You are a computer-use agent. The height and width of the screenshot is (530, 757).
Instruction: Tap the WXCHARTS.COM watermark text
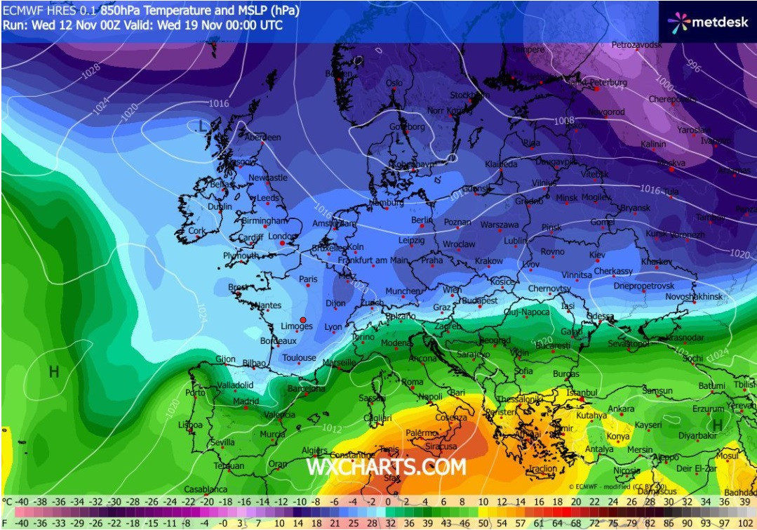tap(385, 467)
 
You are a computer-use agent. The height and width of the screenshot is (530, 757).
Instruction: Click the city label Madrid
tap(246, 402)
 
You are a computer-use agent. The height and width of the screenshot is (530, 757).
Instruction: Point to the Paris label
tap(308, 279)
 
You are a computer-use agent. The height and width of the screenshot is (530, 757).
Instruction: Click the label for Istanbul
tap(582, 392)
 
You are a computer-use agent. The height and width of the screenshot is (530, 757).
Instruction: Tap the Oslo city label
tap(394, 83)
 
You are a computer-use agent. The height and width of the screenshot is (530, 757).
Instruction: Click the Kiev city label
tap(597, 255)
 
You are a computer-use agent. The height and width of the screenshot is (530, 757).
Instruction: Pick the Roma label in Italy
tap(413, 382)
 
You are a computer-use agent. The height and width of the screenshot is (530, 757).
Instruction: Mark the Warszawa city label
tap(500, 225)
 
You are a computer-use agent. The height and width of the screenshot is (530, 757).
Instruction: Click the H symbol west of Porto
tap(53, 372)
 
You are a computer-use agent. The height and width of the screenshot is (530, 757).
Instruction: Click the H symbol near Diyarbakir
tap(717, 425)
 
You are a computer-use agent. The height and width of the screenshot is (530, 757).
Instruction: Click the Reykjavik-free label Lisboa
tap(190, 425)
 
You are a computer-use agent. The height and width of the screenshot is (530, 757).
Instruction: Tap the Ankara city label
tap(620, 409)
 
